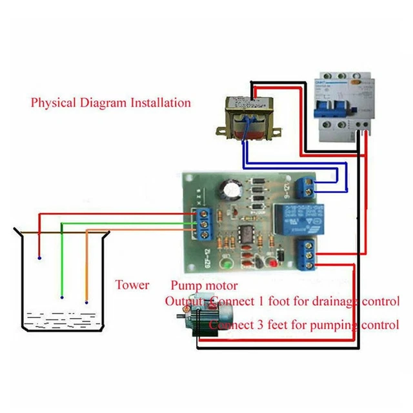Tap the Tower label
[x=132, y=285]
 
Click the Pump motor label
[x=204, y=285]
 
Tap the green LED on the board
[x=226, y=263]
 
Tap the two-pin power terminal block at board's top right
[x=307, y=188]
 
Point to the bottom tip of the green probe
[x=62, y=297]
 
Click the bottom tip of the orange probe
[x=86, y=301]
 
